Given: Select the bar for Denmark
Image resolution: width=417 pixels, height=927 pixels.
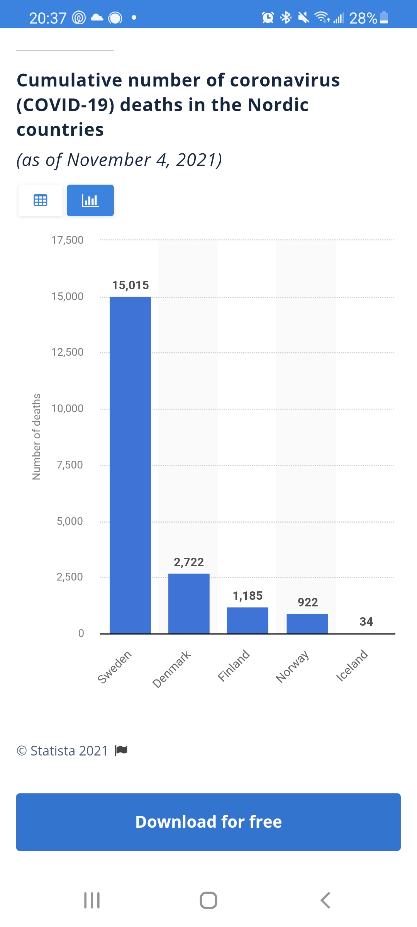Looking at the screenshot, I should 189,603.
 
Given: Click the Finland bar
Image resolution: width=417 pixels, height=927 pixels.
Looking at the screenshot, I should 247,620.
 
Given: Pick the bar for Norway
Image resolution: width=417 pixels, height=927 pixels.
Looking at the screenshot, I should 307,623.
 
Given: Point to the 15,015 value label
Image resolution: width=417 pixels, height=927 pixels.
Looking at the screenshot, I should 131,285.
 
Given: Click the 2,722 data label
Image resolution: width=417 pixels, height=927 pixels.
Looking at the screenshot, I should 189,562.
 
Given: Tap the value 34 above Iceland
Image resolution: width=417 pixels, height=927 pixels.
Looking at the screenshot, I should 366,621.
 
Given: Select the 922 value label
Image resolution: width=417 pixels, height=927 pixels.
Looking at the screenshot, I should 308,602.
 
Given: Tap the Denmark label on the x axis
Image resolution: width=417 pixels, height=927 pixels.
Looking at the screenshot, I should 172,669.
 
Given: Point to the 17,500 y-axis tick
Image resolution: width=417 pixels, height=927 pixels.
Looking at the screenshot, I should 67,240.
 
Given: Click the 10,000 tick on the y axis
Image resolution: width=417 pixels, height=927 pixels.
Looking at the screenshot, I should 67,409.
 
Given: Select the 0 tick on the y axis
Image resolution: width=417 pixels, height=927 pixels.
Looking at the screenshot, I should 81,633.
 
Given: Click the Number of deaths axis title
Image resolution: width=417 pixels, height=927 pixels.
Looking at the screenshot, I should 36,436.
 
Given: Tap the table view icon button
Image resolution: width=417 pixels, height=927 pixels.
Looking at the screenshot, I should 41,200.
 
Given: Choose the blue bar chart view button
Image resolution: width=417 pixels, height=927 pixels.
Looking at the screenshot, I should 90,200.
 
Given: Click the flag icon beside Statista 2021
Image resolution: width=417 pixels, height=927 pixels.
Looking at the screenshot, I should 121,750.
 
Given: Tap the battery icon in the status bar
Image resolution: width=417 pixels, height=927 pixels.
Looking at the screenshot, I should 384,18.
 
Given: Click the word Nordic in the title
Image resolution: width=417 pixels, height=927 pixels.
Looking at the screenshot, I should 278,105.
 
